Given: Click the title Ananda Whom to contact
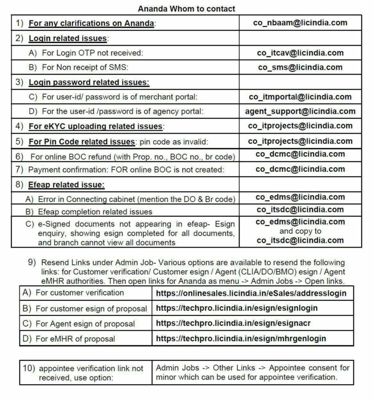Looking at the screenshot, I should [186, 8].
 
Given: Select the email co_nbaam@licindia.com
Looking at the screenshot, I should [300, 23].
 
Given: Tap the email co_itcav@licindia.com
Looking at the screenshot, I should [300, 53].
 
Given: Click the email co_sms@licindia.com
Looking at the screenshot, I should [300, 67].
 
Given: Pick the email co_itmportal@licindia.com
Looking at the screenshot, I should [300, 96].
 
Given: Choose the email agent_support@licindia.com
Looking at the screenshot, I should [300, 111].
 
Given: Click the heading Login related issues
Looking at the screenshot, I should [68, 38].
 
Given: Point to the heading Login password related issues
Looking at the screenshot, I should [89, 82].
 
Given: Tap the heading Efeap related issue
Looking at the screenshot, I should [66, 184].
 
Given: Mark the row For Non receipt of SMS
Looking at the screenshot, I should [85, 67].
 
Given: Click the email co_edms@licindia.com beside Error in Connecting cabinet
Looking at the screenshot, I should [300, 197].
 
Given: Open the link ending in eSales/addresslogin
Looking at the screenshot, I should [251, 293].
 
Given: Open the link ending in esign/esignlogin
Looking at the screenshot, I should [237, 308].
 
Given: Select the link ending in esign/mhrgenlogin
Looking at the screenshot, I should [241, 339].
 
